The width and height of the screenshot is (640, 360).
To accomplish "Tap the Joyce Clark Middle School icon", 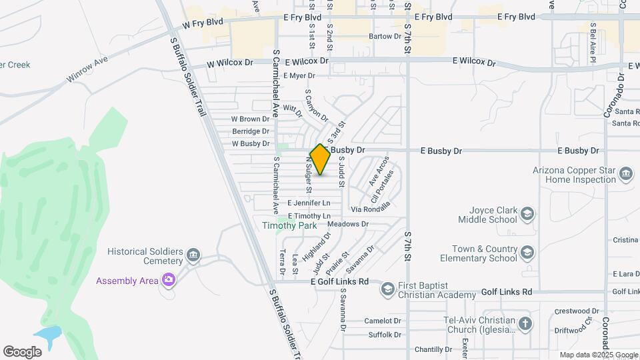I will [527, 213].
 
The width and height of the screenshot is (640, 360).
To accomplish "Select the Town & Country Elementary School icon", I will [527, 252].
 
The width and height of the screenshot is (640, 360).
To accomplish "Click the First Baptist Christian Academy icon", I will [387, 289].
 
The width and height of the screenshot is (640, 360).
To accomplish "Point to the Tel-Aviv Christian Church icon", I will [525, 324].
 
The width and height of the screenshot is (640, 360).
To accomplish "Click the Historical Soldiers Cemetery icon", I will [193, 255].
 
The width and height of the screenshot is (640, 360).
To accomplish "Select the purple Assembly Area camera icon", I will [168, 280].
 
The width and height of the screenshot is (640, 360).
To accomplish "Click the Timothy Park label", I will [298, 226].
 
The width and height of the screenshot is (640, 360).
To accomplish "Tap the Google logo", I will [22, 352].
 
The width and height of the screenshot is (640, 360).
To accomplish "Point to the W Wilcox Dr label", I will [231, 63].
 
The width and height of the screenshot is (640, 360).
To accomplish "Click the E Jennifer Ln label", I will [309, 203].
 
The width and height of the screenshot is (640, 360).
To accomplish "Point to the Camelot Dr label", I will [383, 321].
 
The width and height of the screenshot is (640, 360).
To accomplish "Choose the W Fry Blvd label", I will [206, 22].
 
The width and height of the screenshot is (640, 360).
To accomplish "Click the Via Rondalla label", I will [371, 209].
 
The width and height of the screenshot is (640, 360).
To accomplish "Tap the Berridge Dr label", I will [250, 131].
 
